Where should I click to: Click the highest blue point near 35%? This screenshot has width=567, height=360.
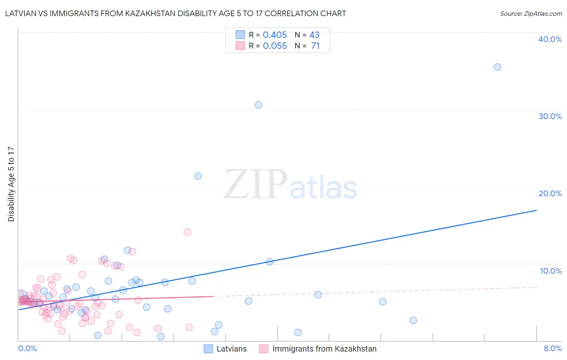(x=497, y=67)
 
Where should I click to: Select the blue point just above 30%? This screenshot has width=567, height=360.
(x=258, y=105)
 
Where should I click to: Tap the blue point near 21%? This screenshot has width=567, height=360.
(x=198, y=176)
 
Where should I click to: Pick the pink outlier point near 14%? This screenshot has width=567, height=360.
(x=188, y=232)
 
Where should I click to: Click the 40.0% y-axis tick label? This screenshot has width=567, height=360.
(x=550, y=39)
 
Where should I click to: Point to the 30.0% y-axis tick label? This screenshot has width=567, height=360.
(x=550, y=116)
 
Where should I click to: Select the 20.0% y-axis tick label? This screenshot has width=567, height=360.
(x=550, y=193)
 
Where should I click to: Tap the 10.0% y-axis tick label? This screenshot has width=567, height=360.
(x=551, y=271)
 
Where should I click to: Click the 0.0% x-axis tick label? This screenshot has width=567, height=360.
(x=27, y=348)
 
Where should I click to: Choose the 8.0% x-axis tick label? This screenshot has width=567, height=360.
(x=552, y=348)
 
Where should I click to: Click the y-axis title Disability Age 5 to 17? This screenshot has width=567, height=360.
(x=11, y=184)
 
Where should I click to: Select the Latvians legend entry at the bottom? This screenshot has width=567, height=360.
(x=225, y=349)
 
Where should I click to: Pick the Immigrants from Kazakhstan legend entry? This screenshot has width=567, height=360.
(x=318, y=349)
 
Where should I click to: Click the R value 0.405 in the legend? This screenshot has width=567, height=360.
(x=275, y=35)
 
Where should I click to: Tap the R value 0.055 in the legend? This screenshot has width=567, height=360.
(x=275, y=46)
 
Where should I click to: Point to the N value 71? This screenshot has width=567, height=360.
(x=315, y=46)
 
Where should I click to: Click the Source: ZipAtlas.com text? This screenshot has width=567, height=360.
(x=531, y=14)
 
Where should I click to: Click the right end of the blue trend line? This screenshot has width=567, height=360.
(x=536, y=210)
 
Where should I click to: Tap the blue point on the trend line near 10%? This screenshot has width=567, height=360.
(x=270, y=262)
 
